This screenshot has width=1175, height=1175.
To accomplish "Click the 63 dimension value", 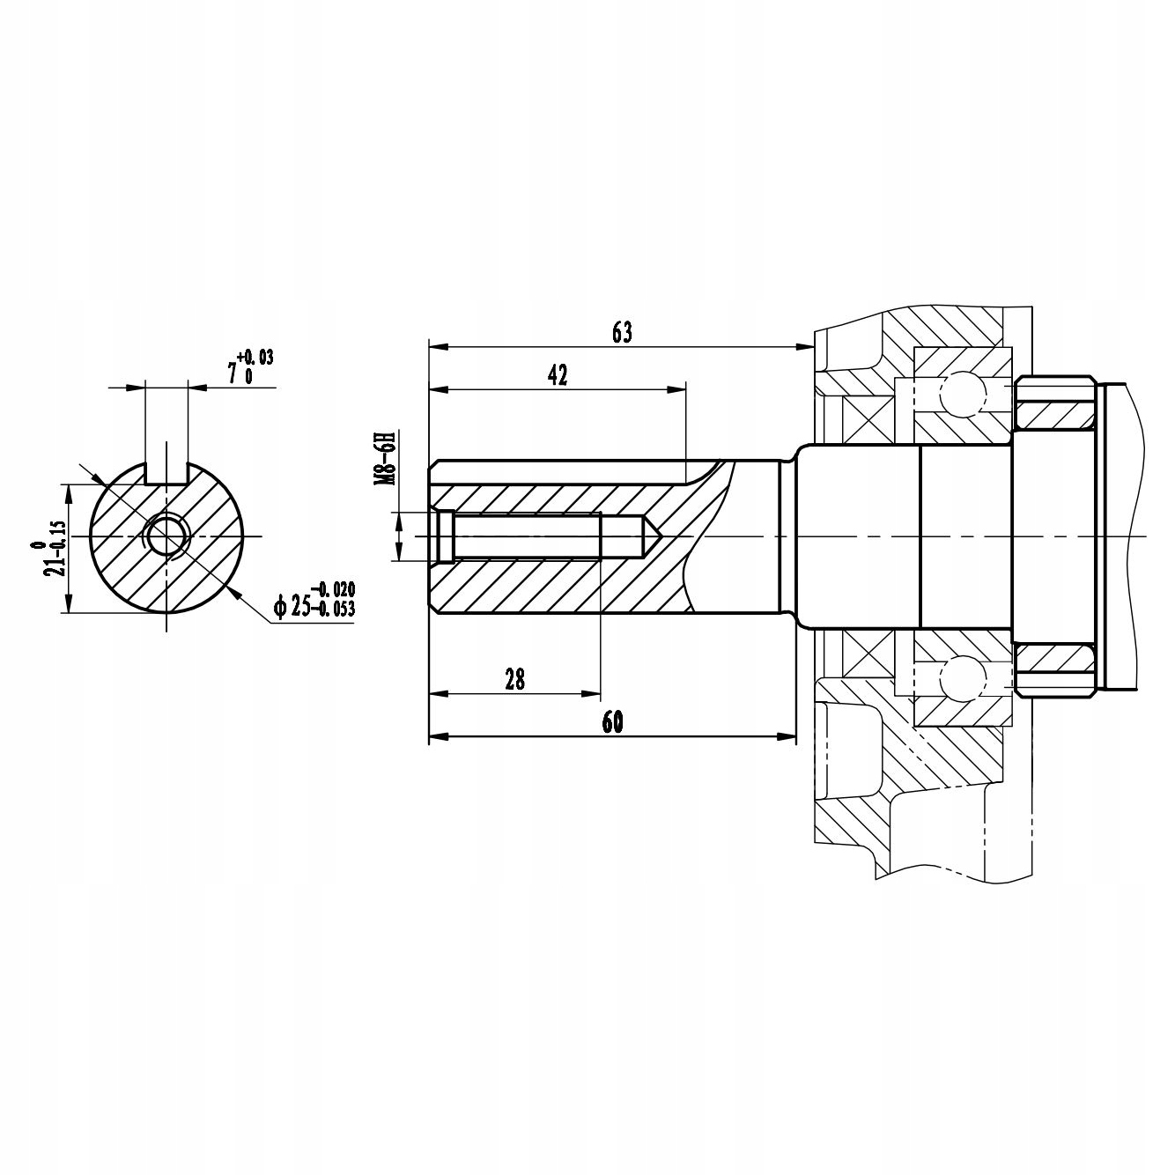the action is (622, 332).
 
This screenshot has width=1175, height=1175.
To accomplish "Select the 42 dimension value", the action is (557, 375).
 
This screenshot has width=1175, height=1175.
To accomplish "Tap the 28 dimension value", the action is (514, 679).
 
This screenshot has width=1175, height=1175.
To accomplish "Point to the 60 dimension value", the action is (612, 721).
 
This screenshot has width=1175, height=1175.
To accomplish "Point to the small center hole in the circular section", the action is (166, 535).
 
